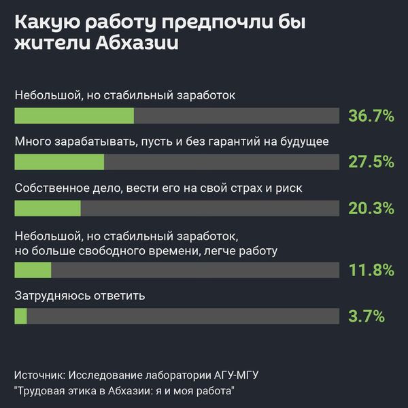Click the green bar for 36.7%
(x=74, y=116)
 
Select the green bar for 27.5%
(x=59, y=162)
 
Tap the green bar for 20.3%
(x=48, y=207)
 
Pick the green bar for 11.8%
(x=33, y=270)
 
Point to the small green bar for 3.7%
(x=21, y=316)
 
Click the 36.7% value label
(x=371, y=116)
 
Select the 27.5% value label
(x=371, y=162)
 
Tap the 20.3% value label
(x=371, y=207)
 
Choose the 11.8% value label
(x=371, y=270)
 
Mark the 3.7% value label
(x=367, y=316)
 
